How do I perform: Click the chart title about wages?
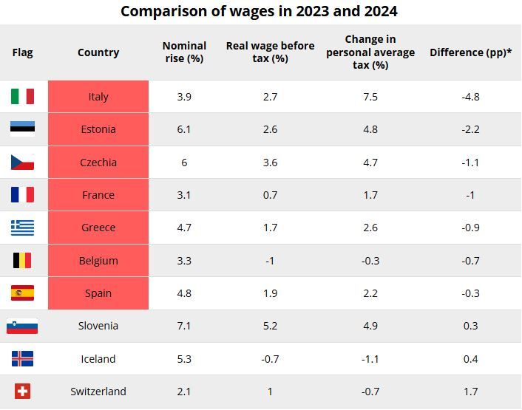click(259, 11)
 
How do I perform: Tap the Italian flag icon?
click(22, 97)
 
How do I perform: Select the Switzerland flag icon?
click(22, 392)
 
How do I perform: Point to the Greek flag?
click(22, 228)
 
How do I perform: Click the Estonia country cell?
click(98, 129)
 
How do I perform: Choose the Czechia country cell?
click(98, 163)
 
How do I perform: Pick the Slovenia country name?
click(98, 326)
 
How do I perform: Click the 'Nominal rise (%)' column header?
click(184, 52)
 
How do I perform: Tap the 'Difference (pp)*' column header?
click(470, 52)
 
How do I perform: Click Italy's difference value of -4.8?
click(470, 97)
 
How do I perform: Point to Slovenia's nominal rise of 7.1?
click(184, 326)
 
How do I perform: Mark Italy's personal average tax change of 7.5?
click(370, 97)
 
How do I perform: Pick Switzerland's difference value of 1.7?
click(470, 392)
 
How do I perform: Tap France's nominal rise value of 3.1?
click(184, 195)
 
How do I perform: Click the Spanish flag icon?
click(22, 293)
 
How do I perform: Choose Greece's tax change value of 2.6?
click(370, 228)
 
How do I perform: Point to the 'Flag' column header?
click(22, 52)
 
